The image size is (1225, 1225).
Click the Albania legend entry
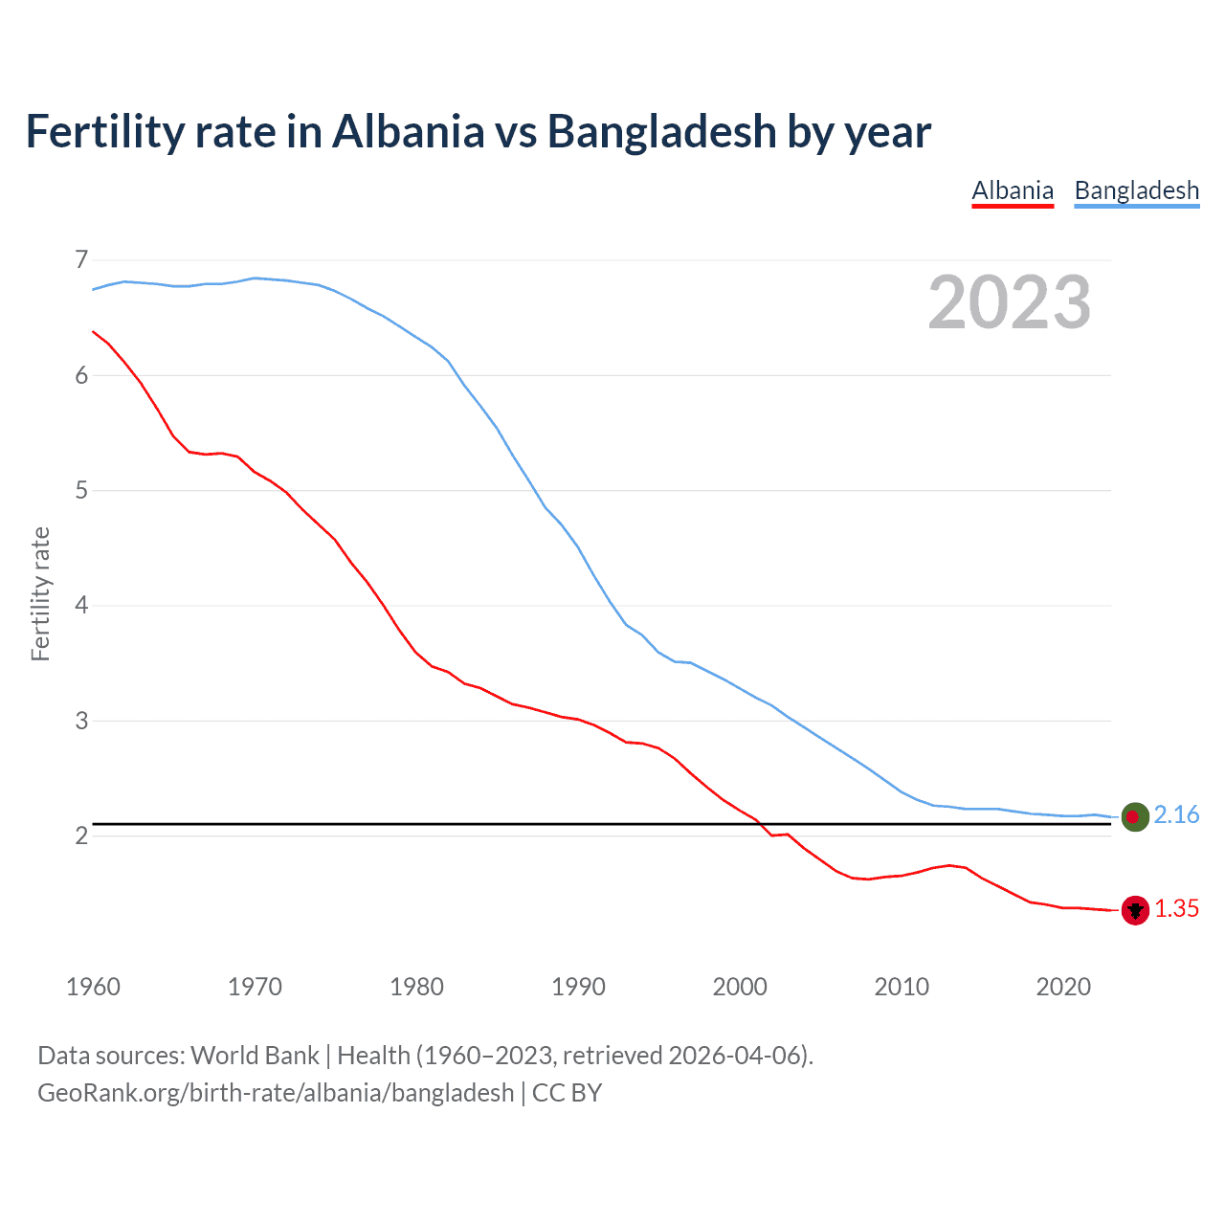coord(1013,190)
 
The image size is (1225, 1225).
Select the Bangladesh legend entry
coord(1136,190)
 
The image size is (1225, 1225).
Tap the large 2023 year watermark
coord(1009,302)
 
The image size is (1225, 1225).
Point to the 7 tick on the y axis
coord(81,259)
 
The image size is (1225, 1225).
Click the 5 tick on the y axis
coord(81,491)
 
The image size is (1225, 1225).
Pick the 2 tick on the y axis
coord(81,836)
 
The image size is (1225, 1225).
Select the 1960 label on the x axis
coord(93,987)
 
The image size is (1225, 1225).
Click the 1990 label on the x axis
coord(578,987)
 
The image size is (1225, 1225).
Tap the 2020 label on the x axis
coord(1063,987)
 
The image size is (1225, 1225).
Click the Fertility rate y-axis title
coord(40,593)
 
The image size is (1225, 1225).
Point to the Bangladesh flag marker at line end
coord(1135,816)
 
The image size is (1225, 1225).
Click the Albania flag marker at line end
coord(1135,910)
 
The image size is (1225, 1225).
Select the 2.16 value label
coord(1176,814)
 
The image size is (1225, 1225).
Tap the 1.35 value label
coord(1176,909)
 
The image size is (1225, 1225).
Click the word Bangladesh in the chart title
coord(661,131)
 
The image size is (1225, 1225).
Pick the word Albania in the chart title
coord(408,131)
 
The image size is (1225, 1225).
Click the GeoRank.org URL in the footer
coord(276,1093)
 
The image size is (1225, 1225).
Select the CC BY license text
coord(567,1093)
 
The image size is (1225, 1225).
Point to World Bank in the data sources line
coord(255,1056)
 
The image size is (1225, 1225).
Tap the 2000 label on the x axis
coord(740,987)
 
